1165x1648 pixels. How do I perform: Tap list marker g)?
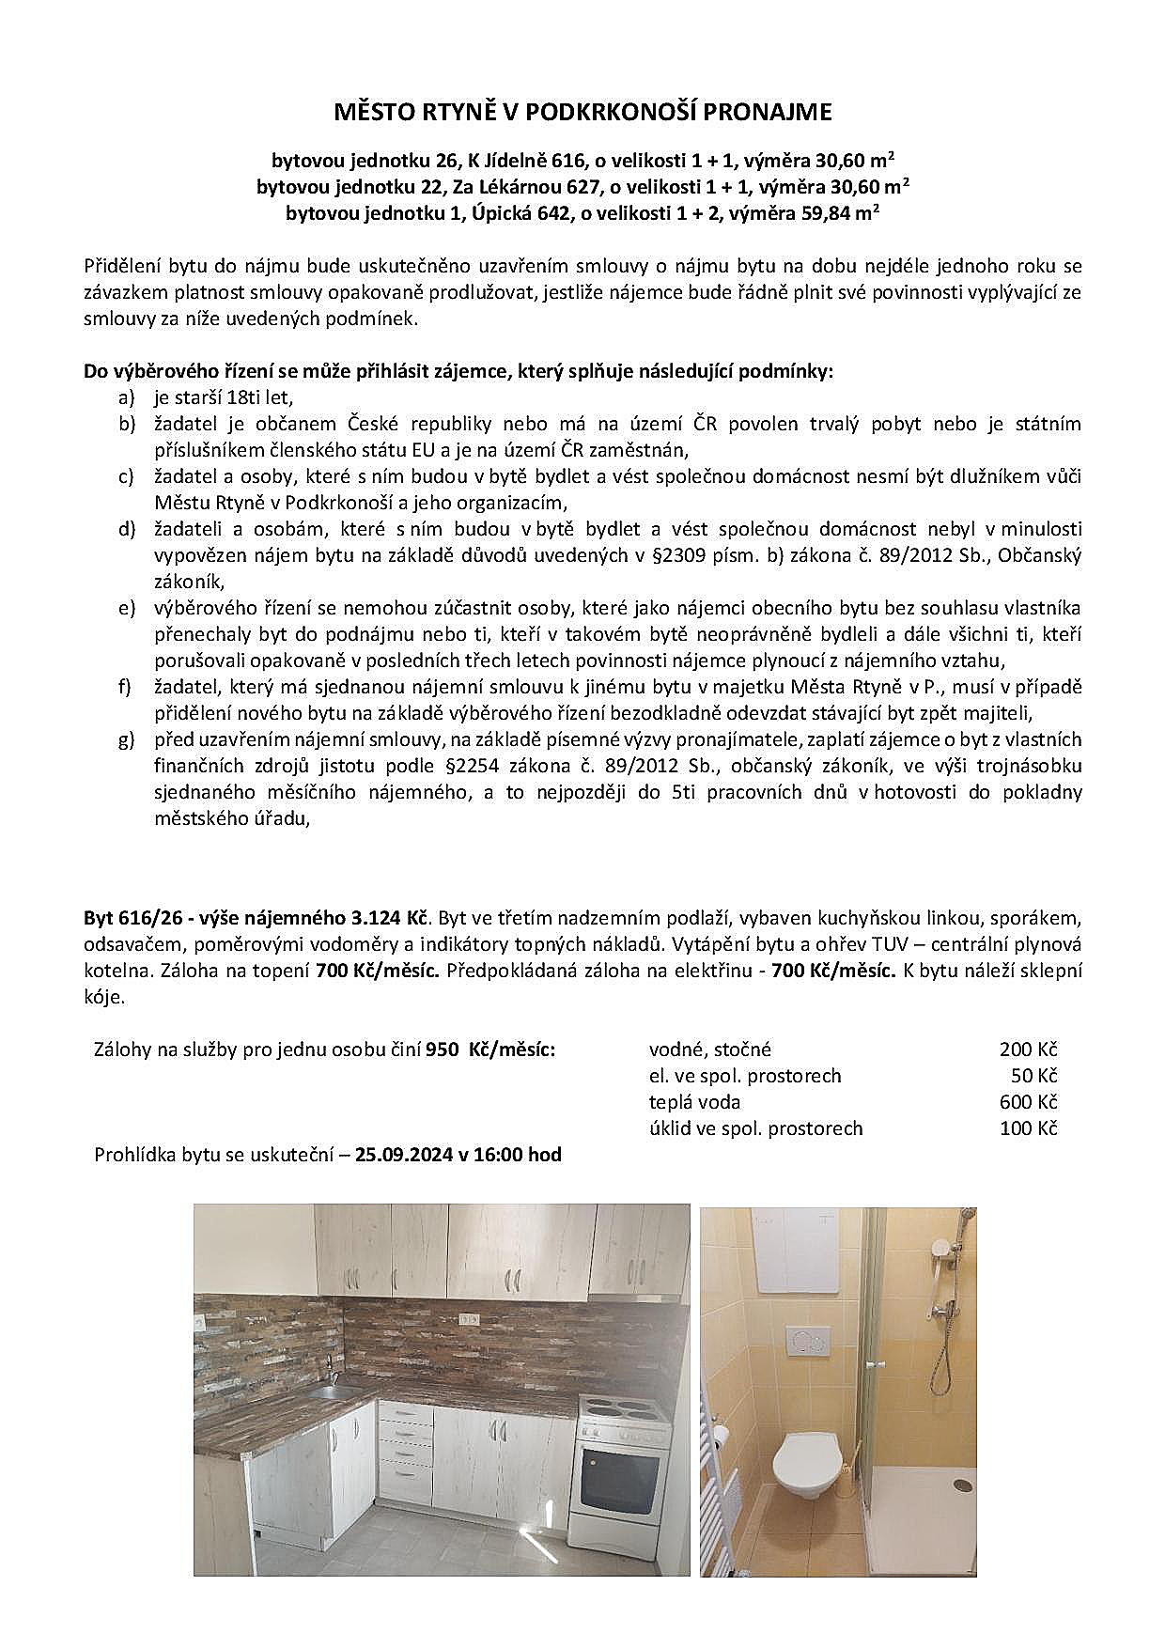click(x=127, y=739)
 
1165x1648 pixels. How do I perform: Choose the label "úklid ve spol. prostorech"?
click(x=755, y=1128)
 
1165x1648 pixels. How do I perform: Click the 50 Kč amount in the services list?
click(x=1033, y=1076)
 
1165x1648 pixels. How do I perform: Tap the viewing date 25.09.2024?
click(x=404, y=1155)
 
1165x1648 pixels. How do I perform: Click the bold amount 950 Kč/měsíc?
click(x=489, y=1049)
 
